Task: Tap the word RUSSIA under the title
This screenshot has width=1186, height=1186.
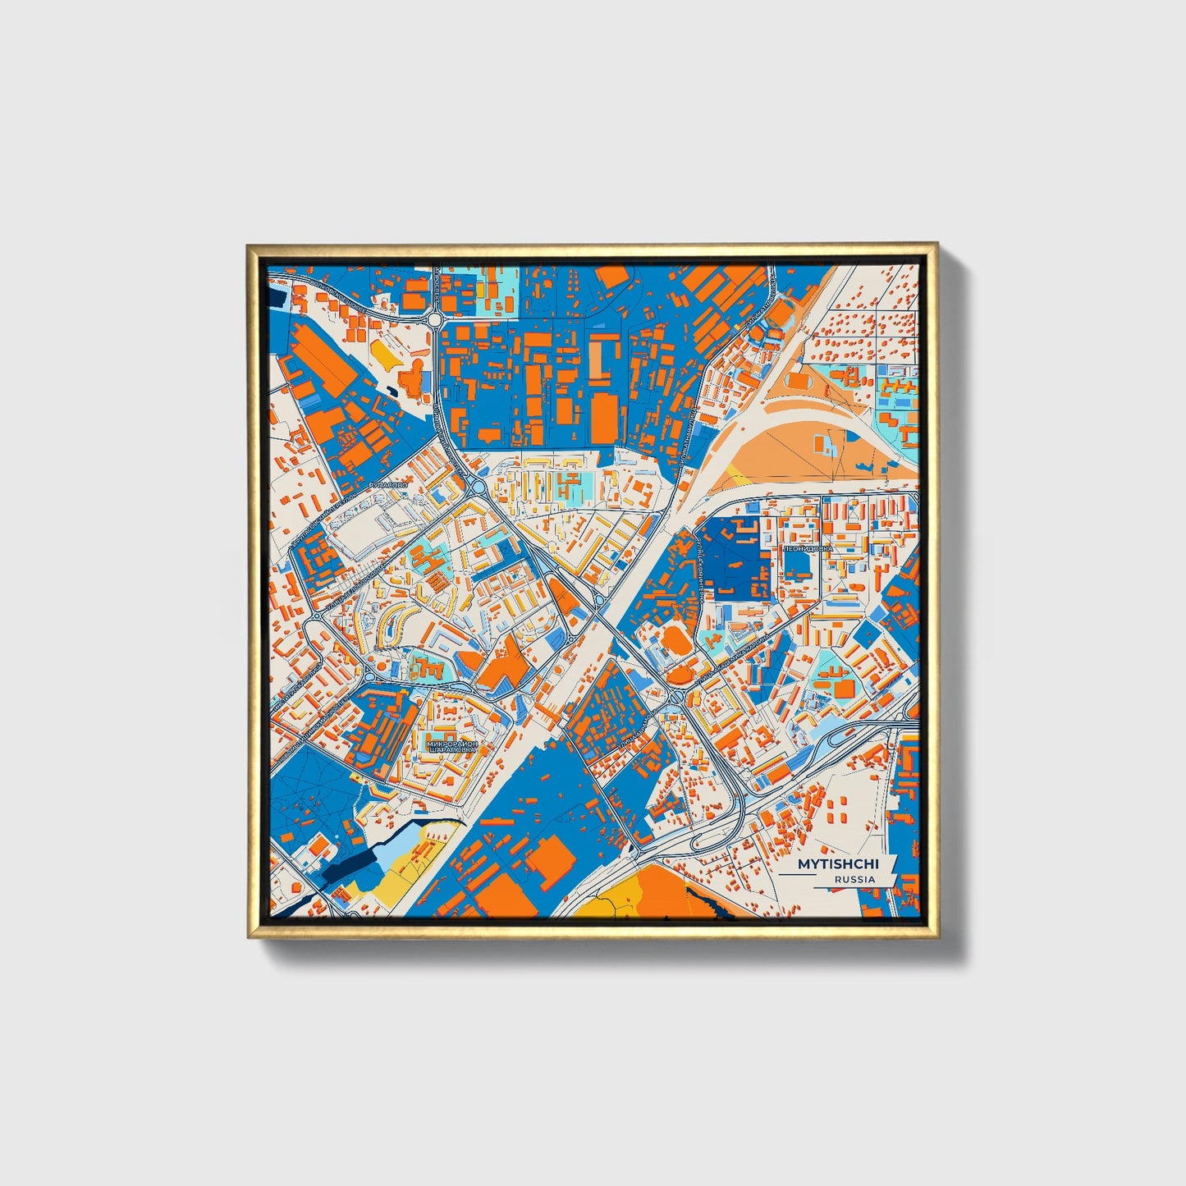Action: click(x=854, y=879)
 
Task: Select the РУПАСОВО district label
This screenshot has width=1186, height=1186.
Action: click(x=388, y=487)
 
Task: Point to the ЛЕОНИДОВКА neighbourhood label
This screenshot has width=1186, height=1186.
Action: click(x=808, y=547)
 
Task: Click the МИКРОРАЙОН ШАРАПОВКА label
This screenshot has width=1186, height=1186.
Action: click(x=451, y=746)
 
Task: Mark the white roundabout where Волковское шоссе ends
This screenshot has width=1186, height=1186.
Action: click(x=434, y=319)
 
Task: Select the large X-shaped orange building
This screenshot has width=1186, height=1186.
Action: click(x=501, y=661)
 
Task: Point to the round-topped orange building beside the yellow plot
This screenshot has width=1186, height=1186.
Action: click(x=412, y=377)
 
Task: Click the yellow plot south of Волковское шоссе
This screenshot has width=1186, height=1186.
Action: click(x=383, y=351)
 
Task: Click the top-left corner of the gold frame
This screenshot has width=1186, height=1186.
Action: click(x=249, y=245)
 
